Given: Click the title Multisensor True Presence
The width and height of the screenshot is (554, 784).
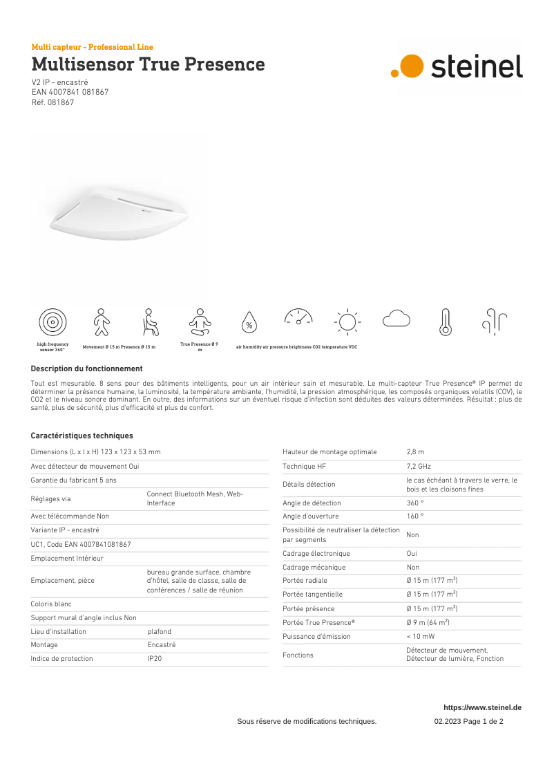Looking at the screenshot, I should pos(148,64).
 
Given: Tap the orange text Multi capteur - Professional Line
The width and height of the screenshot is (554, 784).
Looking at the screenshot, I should pos(93,47).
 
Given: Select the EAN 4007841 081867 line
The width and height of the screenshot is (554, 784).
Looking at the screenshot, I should pos(70,92).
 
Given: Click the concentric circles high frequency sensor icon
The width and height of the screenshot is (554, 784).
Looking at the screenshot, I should pos(52,322).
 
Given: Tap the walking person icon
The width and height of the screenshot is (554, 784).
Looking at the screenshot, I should pos(102,322).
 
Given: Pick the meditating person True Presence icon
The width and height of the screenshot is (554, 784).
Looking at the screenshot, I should pos(200,322).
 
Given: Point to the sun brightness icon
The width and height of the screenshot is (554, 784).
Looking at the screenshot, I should pos(347,322).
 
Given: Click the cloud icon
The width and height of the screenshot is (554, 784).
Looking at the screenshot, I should pos(397,319).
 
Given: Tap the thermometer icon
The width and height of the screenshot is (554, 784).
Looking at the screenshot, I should pos(446,322).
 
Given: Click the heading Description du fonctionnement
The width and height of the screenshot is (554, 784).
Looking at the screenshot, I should pos(86,368).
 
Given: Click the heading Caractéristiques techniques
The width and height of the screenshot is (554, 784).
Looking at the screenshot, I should pos(82,436).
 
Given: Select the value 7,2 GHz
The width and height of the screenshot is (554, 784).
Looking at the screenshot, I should pos(419,467).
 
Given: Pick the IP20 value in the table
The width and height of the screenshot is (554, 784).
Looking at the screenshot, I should pos(155,659).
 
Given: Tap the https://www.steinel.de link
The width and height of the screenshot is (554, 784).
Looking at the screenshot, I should pos(482,707).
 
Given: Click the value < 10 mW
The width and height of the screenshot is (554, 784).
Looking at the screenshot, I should pos(421,636).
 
